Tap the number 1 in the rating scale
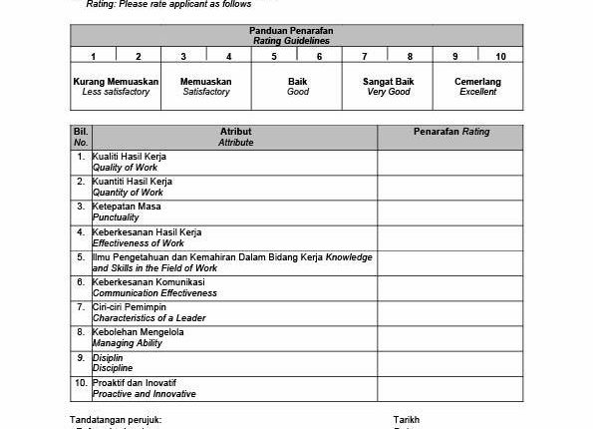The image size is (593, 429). pos(93,56)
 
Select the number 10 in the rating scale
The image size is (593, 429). pos(499,56)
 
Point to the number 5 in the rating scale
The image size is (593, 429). pos(274,56)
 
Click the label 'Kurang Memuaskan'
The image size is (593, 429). pos(115,81)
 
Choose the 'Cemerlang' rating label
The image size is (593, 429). pos(477,81)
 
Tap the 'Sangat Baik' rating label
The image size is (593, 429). pos(387,81)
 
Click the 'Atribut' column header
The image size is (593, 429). pos(236,132)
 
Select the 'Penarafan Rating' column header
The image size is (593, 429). pos(449,132)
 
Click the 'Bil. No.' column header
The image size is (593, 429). pos(80,137)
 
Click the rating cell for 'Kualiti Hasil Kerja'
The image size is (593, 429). pos(449,162)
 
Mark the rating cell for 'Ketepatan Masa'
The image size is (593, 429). pos(449,212)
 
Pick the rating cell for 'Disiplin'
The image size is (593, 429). pos(449,362)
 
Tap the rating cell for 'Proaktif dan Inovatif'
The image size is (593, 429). pos(449,387)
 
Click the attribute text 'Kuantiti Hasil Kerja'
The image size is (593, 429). pos(132,182)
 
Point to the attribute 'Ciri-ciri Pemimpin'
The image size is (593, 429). pos(130,306)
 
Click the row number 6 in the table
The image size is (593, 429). pos(80,282)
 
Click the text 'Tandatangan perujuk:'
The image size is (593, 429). pos(115,420)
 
